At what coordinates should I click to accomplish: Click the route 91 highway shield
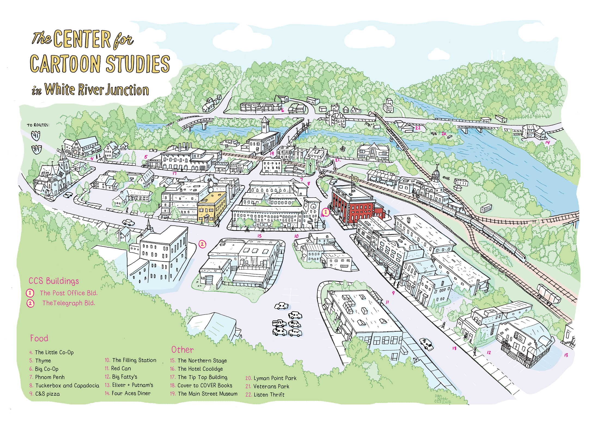[x=36, y=135]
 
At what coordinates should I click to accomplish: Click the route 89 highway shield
[x=37, y=149]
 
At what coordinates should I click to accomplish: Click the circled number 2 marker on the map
[x=202, y=244]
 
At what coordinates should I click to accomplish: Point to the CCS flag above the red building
[x=355, y=179]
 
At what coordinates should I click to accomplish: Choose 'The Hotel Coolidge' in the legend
[x=200, y=369]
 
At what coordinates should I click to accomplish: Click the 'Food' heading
[x=39, y=338]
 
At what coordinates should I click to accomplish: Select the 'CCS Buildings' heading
[x=54, y=281]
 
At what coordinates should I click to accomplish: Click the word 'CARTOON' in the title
[x=65, y=64]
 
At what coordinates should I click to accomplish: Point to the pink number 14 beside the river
[x=547, y=142]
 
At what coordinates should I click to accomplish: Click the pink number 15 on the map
[x=260, y=236]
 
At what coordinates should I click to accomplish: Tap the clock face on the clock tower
[x=313, y=207]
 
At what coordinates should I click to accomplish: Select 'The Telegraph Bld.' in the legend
[x=68, y=303]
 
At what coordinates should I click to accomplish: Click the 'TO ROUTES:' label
[x=38, y=125]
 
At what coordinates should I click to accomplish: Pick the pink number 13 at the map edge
[x=566, y=355]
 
